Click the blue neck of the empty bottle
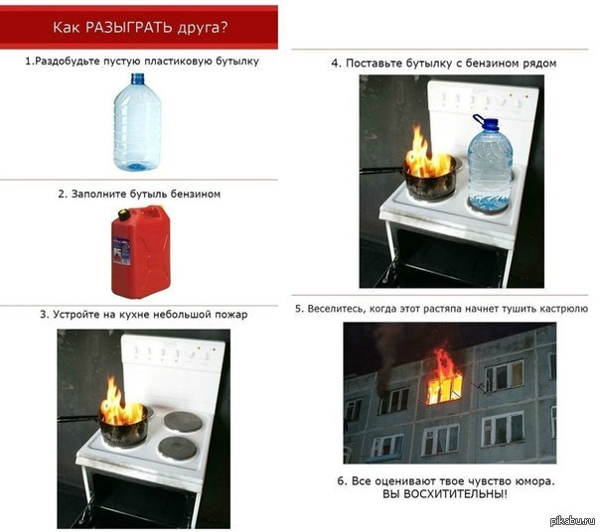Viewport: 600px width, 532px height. (x=138, y=78)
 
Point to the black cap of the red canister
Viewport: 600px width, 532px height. (x=124, y=214)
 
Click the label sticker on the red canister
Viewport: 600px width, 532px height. (x=121, y=251)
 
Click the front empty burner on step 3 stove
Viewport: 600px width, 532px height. (x=177, y=449)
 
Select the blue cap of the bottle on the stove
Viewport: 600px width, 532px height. (x=490, y=123)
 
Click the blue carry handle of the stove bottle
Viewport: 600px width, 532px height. (x=479, y=119)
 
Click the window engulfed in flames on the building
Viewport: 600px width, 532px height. (x=444, y=387)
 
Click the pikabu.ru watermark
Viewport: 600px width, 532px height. (x=573, y=520)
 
